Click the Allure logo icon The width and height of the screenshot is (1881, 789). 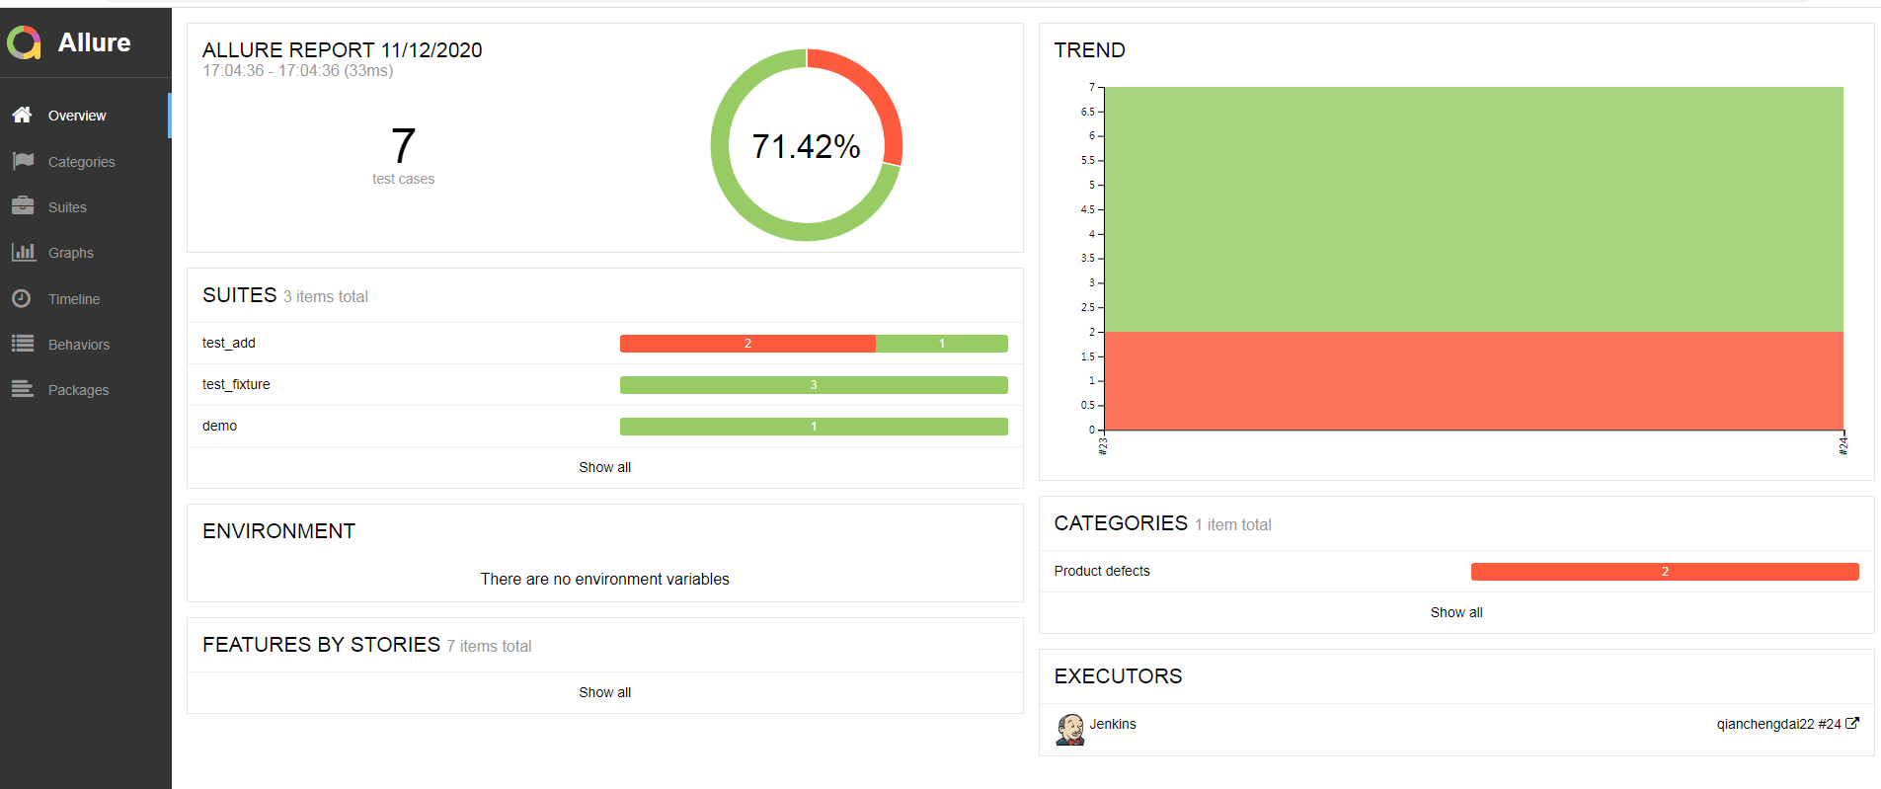24,42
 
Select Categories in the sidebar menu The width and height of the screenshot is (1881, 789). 81,162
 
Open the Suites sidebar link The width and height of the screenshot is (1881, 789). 67,207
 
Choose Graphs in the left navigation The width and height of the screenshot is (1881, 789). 70,253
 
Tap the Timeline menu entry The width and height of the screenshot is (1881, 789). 73,299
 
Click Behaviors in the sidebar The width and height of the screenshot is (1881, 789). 78,345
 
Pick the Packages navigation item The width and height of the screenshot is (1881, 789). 78,390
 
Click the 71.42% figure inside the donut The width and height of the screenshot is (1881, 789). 806,146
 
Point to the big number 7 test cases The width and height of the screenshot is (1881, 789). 403,146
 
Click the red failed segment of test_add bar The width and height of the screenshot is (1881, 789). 747,344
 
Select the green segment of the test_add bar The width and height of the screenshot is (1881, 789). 941,344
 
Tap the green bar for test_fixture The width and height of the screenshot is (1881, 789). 814,385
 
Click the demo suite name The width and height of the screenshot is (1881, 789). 219,426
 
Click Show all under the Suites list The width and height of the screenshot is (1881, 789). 604,467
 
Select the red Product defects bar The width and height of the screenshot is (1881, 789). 1664,572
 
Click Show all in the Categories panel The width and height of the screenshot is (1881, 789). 1455,612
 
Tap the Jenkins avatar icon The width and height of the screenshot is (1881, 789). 1070,729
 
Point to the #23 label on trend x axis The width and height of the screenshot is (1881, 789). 1103,446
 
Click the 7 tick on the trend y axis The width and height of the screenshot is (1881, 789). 1091,87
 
